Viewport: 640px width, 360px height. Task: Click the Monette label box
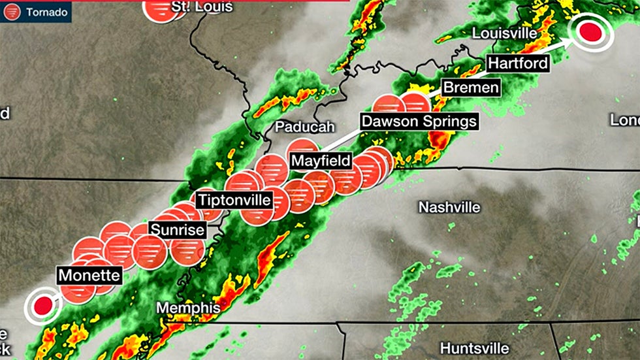[x=89, y=275]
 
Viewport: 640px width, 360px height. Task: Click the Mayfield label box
[x=321, y=161]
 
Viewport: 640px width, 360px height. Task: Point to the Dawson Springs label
[x=419, y=121]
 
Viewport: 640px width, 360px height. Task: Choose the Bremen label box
[x=470, y=88]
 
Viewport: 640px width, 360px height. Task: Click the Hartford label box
[x=518, y=63]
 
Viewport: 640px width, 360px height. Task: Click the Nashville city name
[x=449, y=207]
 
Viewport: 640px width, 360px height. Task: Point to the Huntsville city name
[x=474, y=348]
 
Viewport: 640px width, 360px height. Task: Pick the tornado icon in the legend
[x=13, y=12]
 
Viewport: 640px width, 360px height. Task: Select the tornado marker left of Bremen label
[x=414, y=105]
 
